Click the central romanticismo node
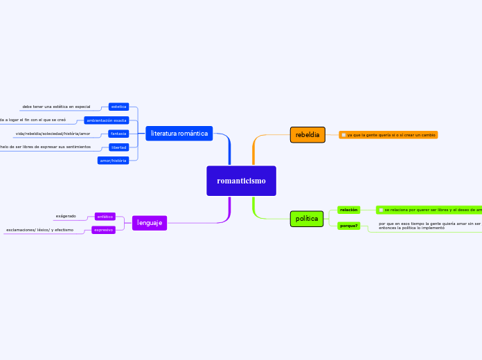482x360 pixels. click(241, 181)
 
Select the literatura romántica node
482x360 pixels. click(179, 134)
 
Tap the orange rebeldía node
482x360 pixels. click(307, 135)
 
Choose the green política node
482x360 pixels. click(307, 219)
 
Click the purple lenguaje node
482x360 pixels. click(150, 223)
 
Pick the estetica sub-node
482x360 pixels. click(119, 107)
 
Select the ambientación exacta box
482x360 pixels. click(106, 120)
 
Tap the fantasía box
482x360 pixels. click(118, 134)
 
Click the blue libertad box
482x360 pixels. click(118, 147)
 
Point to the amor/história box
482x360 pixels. click(114, 161)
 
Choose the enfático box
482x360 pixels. click(105, 217)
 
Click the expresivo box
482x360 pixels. click(103, 230)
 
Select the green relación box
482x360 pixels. click(349, 210)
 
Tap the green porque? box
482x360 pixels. click(349, 226)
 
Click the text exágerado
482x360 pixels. click(66, 217)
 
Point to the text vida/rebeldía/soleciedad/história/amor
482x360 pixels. click(53, 134)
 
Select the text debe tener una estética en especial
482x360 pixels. click(56, 107)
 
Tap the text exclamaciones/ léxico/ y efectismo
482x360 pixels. click(39, 230)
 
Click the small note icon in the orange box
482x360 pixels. click(343, 135)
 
